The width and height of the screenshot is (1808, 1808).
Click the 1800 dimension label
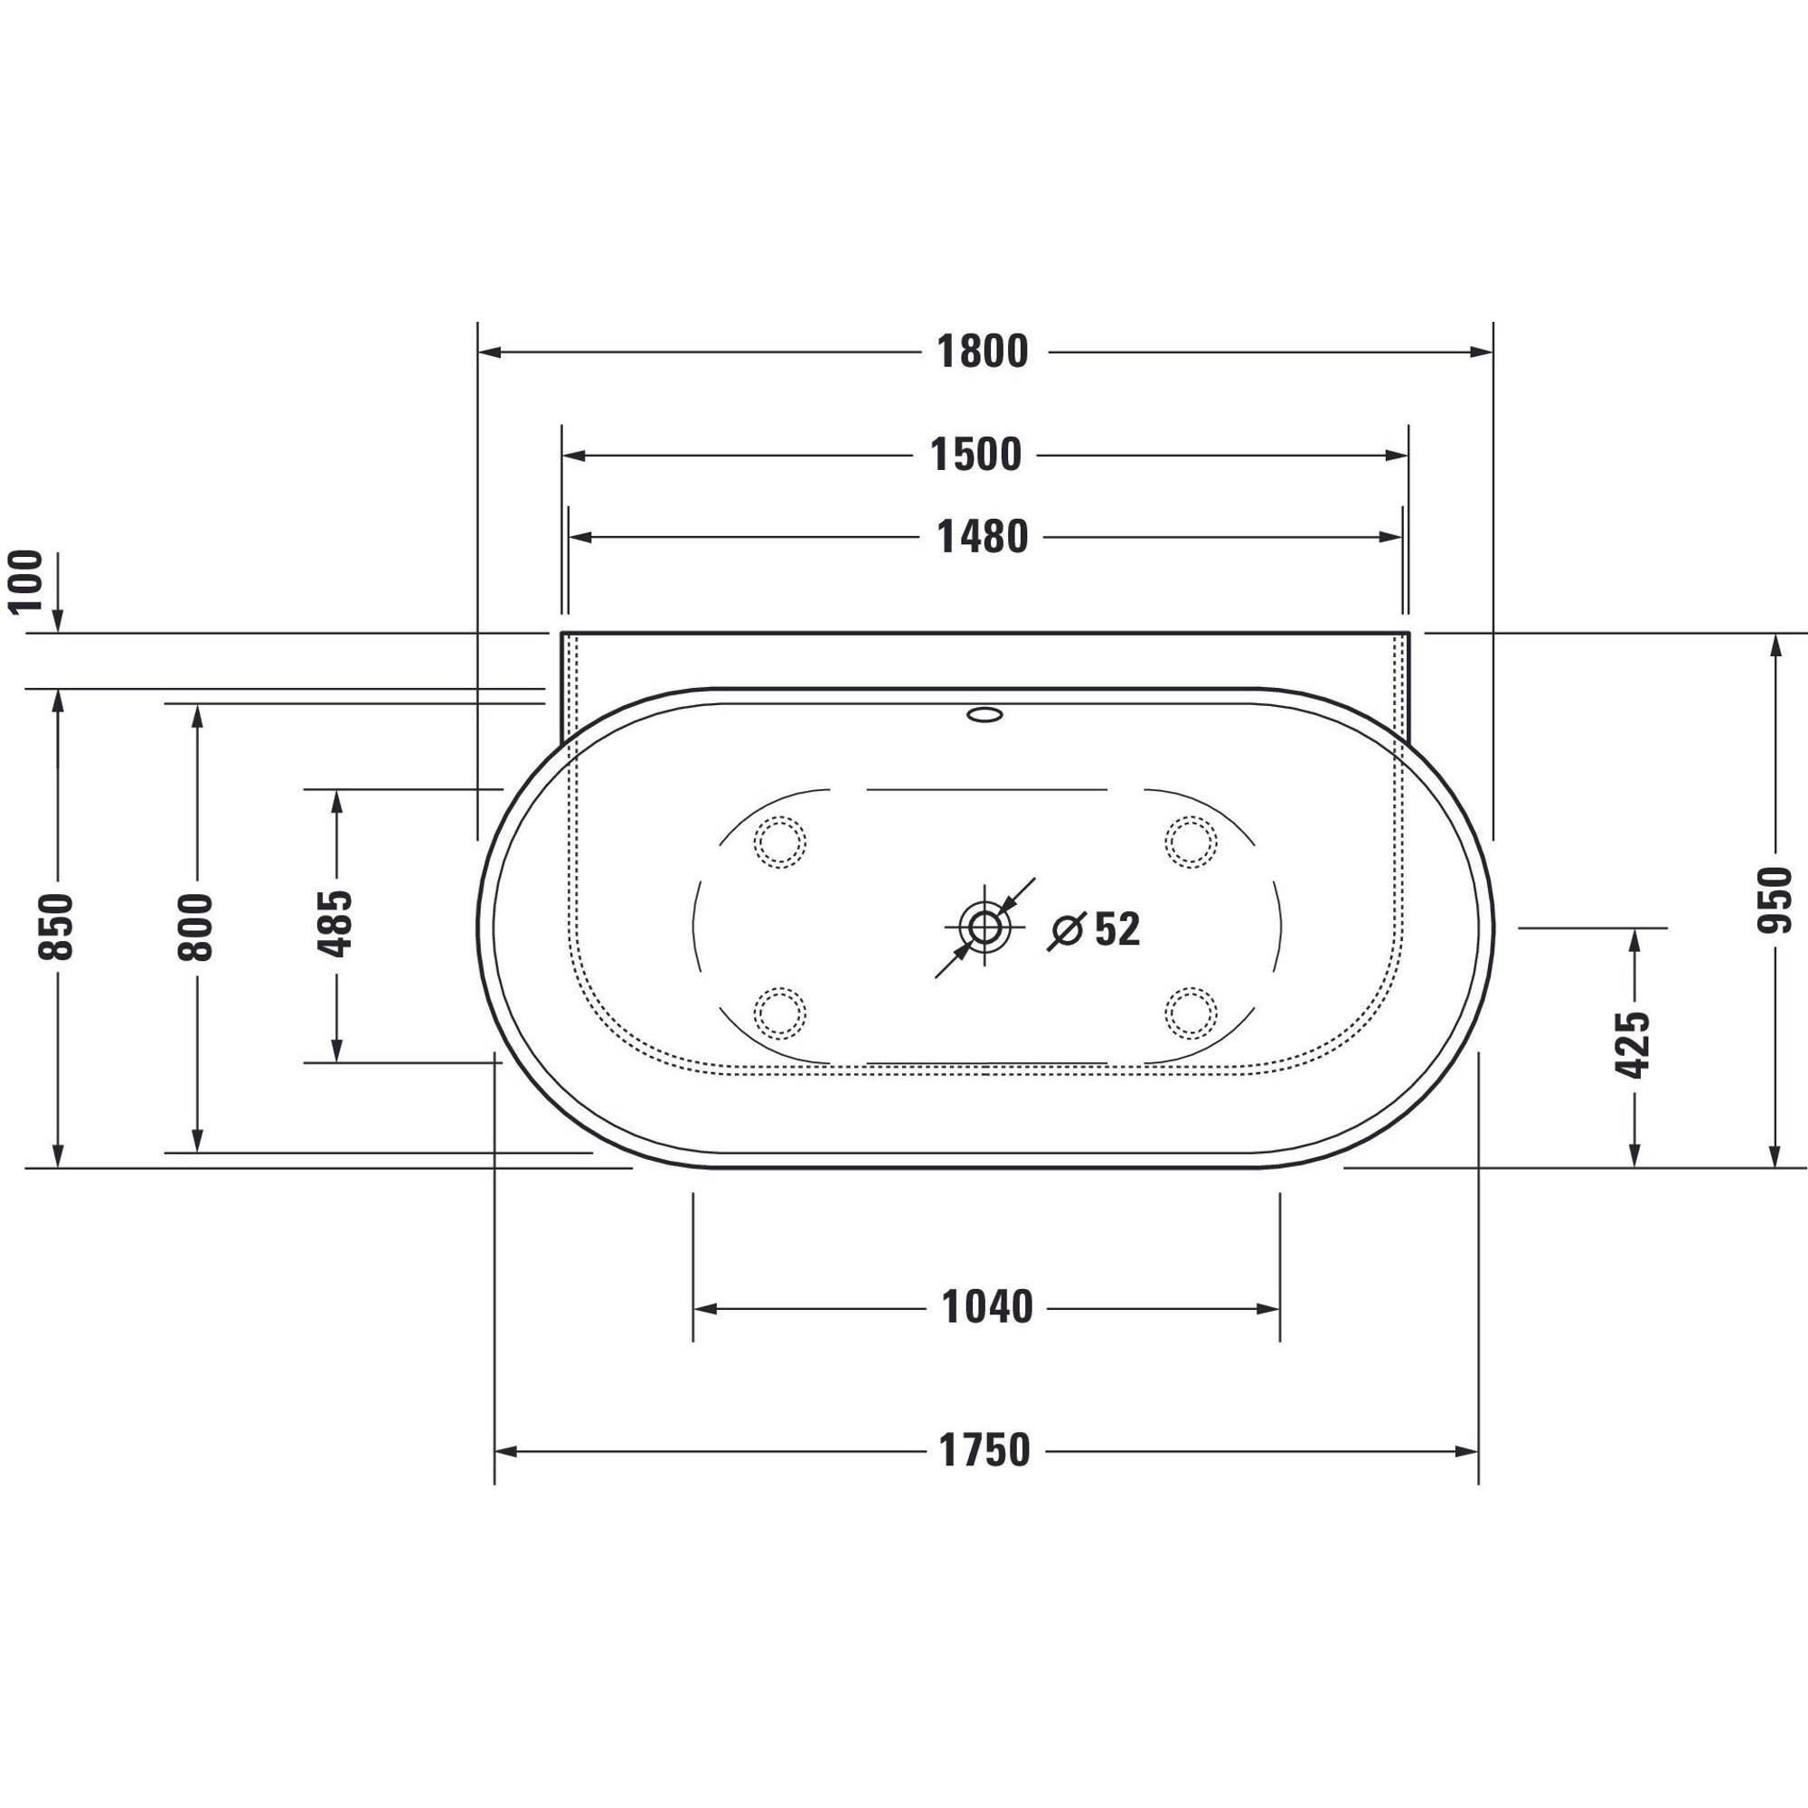(x=983, y=352)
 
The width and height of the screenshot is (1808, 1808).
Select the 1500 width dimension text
(x=976, y=456)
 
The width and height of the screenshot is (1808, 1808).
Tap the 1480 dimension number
(x=983, y=537)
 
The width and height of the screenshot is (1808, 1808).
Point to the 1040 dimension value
(x=987, y=1307)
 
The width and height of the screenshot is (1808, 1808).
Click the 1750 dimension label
(x=984, y=1451)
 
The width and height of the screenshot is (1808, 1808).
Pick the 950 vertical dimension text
(x=1775, y=900)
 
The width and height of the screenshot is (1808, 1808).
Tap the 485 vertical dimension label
(x=335, y=924)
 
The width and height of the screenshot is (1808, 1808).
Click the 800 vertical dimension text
(x=195, y=928)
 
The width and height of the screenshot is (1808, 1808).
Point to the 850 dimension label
(x=56, y=928)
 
